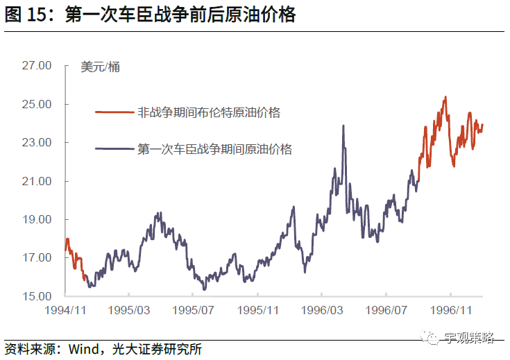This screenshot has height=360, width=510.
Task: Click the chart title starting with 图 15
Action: [150, 15]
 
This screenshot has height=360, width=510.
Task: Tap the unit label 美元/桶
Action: [100, 67]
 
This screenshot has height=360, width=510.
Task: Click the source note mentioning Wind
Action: [104, 348]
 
